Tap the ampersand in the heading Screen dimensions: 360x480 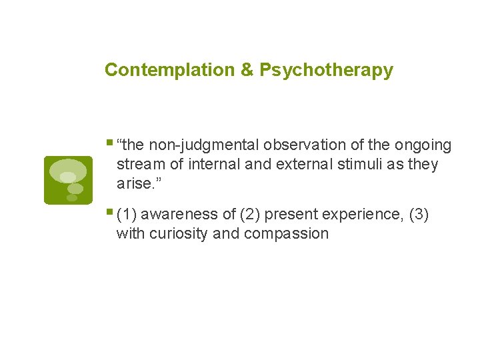pos(247,70)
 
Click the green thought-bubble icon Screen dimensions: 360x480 pos(67,179)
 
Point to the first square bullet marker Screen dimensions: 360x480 pos(109,142)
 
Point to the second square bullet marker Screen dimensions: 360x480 pos(109,212)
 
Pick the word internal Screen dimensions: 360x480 pos(209,164)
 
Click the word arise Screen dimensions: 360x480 pos(135,183)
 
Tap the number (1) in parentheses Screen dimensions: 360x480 pos(127,215)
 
